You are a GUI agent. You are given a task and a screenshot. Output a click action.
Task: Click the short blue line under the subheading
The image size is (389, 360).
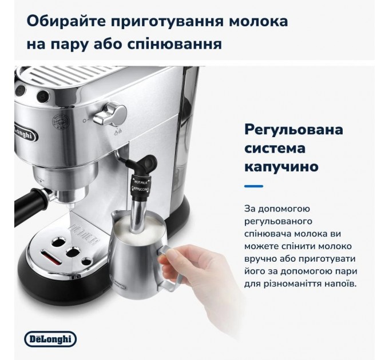pyautogui.click(x=253, y=185)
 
